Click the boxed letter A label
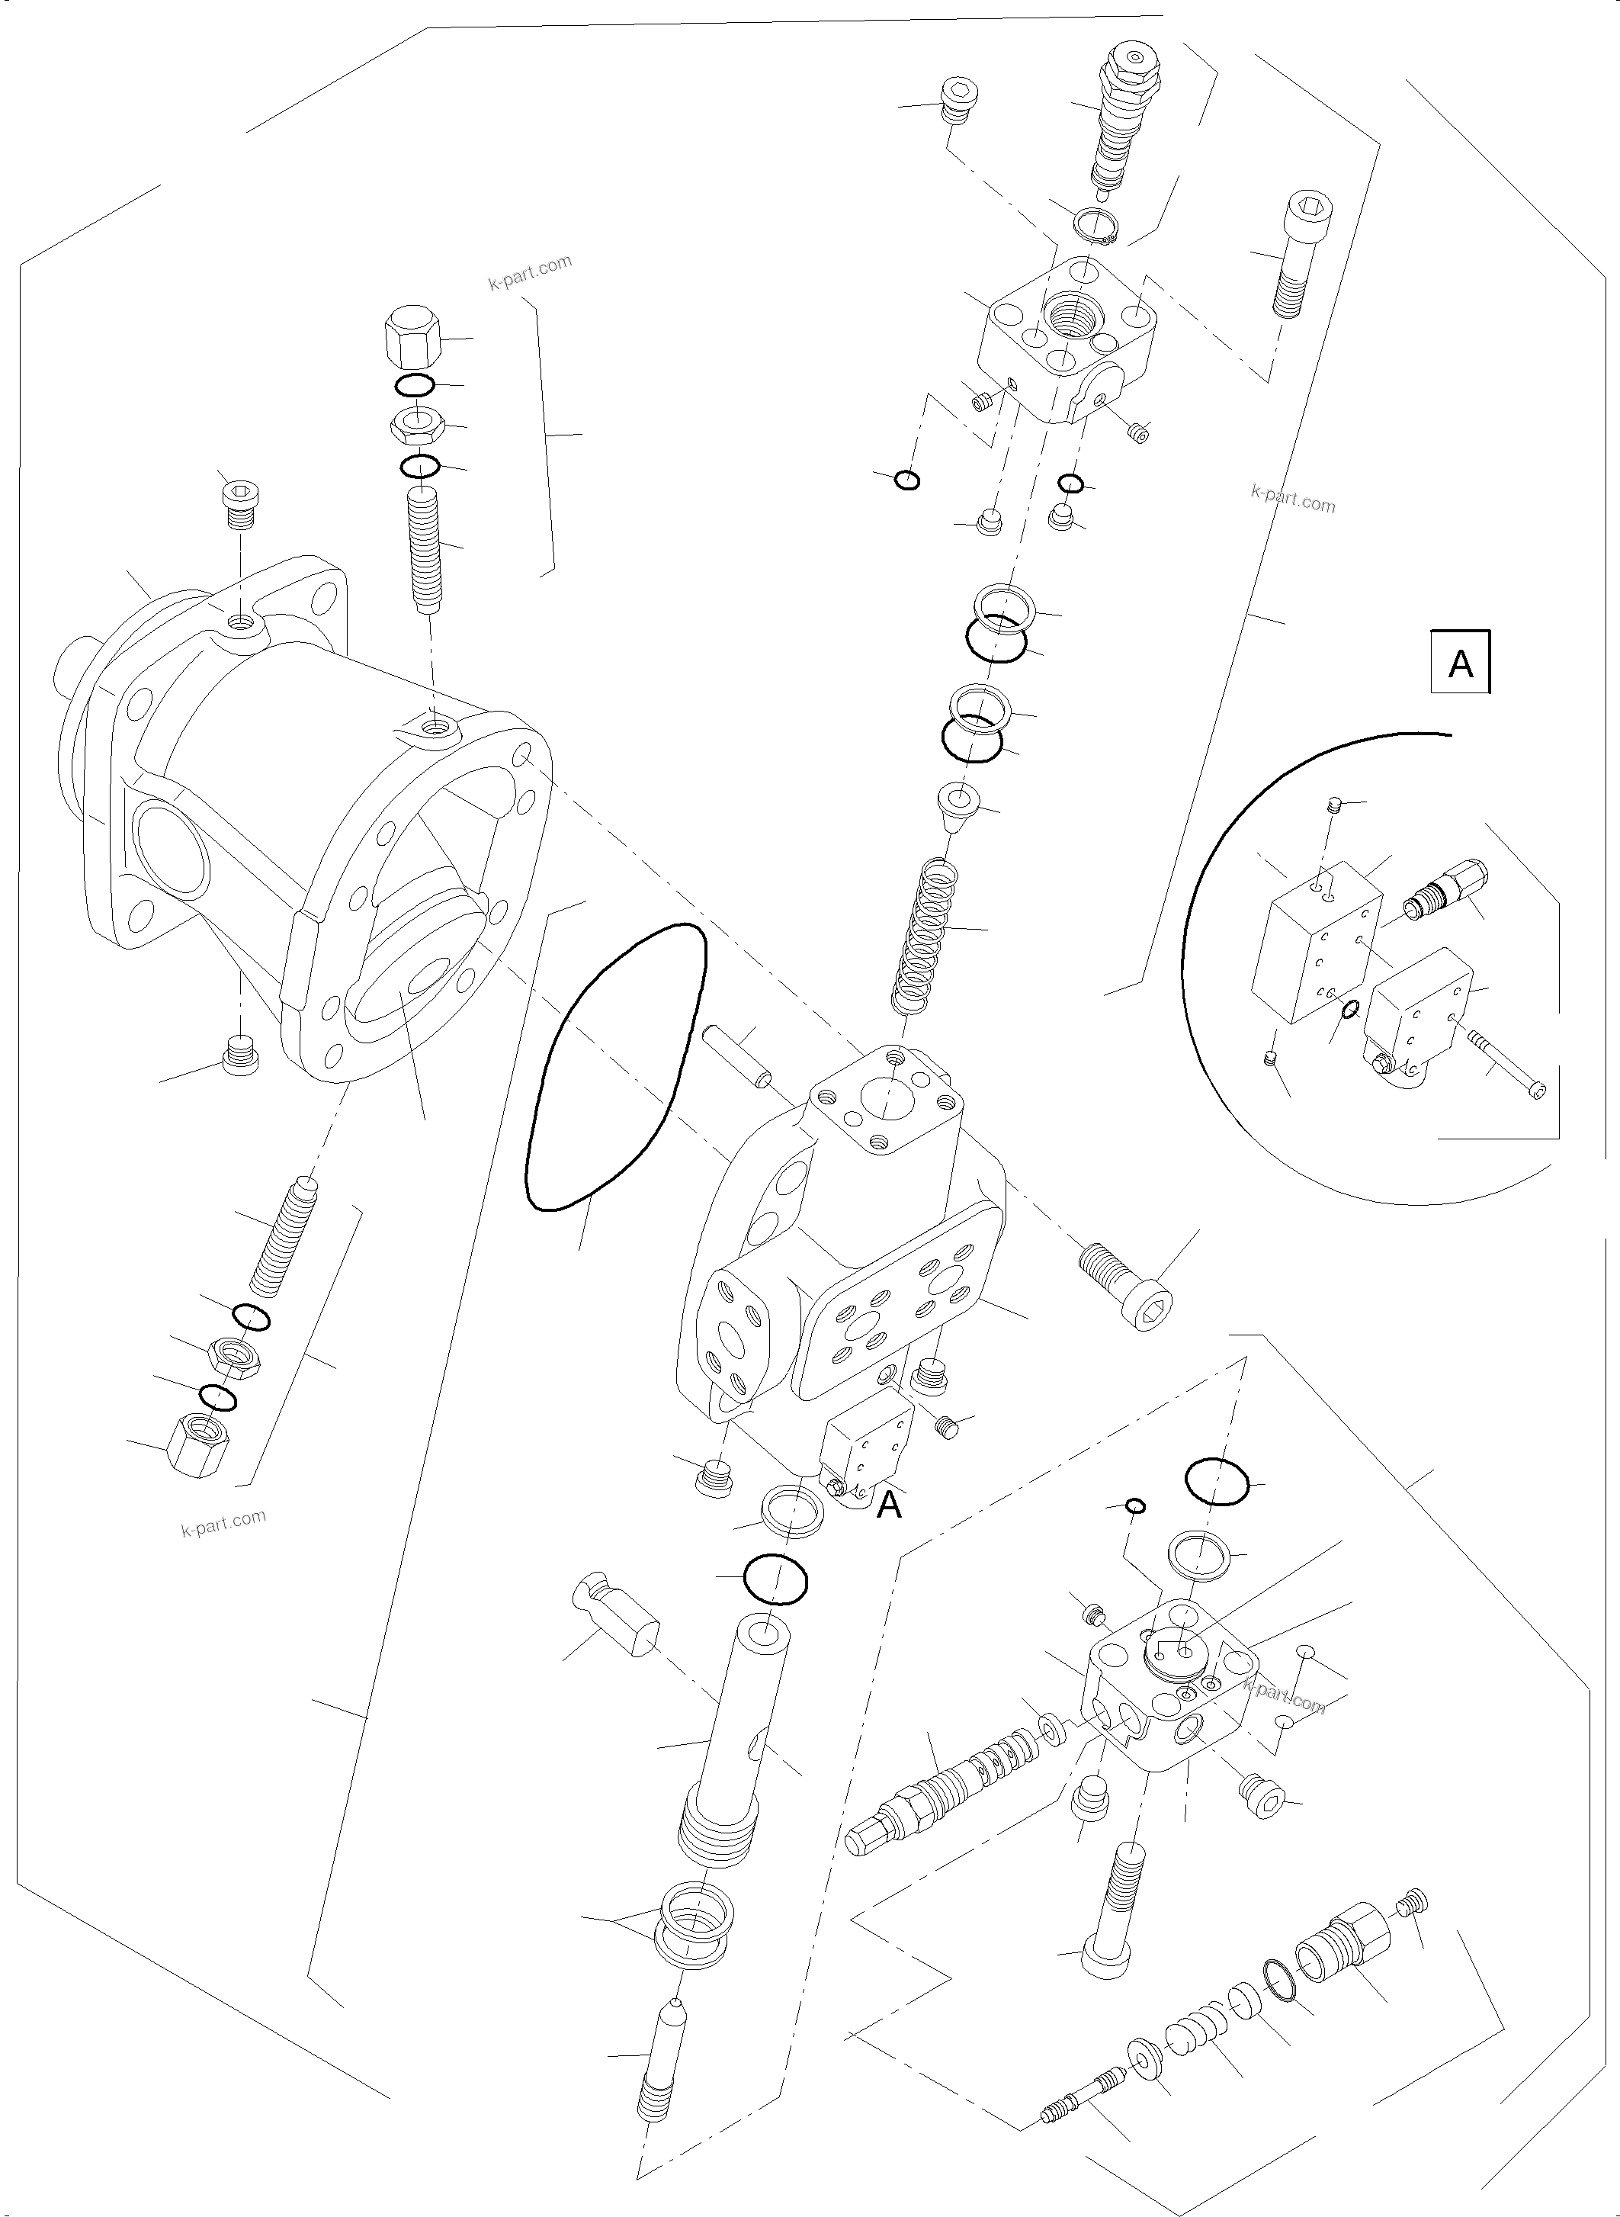[x=1460, y=664]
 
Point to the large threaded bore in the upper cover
[x=1076, y=315]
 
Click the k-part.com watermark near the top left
[x=530, y=273]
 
